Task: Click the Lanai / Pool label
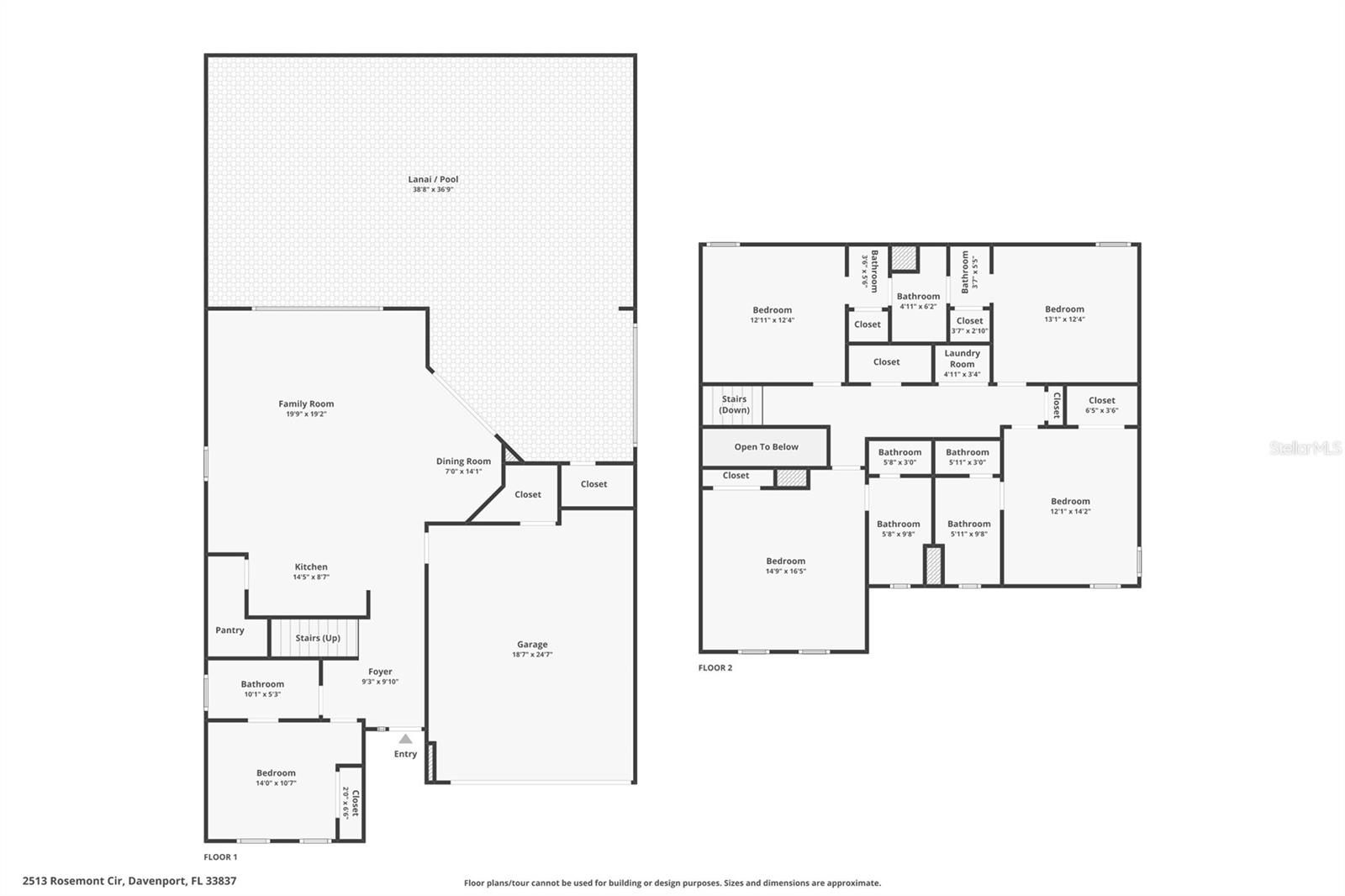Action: click(x=433, y=179)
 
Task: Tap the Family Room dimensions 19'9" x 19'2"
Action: click(x=306, y=414)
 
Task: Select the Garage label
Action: click(x=532, y=645)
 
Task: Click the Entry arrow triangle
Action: click(x=405, y=739)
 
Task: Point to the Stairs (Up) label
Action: click(x=318, y=638)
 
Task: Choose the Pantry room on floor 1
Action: click(x=229, y=630)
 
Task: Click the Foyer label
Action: click(x=380, y=672)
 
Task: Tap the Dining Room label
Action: click(x=463, y=461)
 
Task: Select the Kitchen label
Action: click(x=311, y=567)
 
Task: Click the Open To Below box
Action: click(x=766, y=447)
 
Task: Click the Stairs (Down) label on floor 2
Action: click(x=734, y=405)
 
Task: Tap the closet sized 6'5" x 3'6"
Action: click(x=1101, y=405)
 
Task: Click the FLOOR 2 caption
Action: click(x=715, y=668)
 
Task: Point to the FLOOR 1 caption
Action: click(x=220, y=857)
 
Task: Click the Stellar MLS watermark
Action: click(x=1305, y=448)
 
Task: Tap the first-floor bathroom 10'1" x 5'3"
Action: click(x=262, y=688)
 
